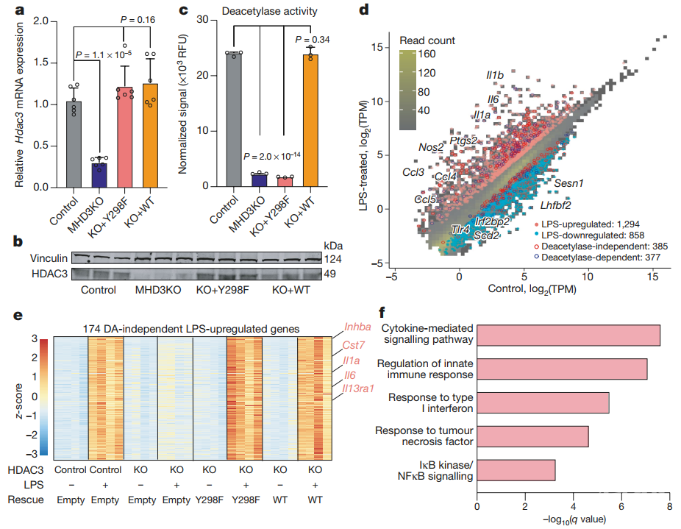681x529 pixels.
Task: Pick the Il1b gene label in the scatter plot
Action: pyautogui.click(x=495, y=76)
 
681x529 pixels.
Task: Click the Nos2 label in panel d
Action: pyautogui.click(x=431, y=147)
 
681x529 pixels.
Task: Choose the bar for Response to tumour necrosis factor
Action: pyautogui.click(x=532, y=436)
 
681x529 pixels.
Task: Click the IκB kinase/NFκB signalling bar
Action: pyautogui.click(x=516, y=470)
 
